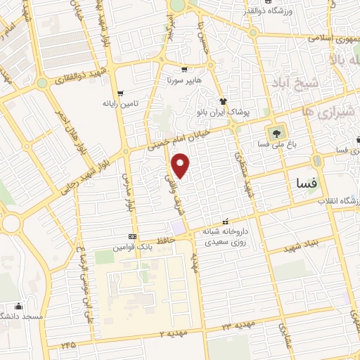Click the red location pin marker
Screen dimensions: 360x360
click(181, 166)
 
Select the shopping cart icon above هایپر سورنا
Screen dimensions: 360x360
click(184, 70)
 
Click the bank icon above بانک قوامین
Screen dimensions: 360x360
click(132, 236)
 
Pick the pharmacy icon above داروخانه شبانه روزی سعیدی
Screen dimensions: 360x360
click(226, 220)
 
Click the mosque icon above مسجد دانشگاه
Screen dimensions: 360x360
click(19, 306)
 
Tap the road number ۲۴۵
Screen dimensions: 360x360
click(68, 345)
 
